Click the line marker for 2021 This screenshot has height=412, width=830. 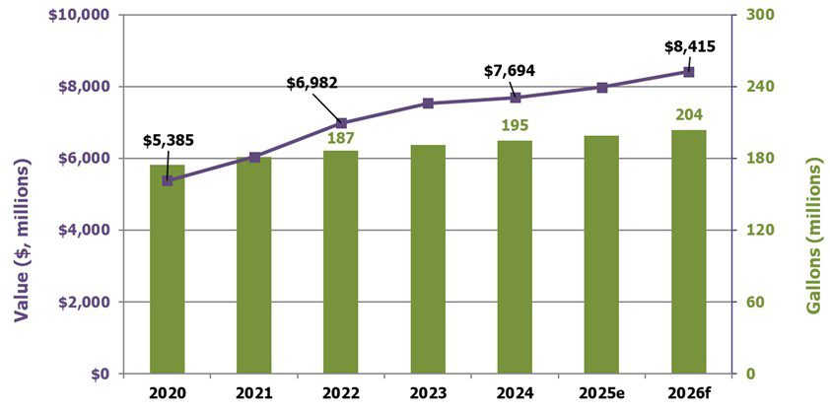[x=254, y=158]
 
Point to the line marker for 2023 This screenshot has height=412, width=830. [x=428, y=103]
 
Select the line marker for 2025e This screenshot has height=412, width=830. [x=601, y=88]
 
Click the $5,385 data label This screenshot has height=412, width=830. [x=167, y=139]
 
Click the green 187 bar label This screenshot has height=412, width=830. [x=341, y=137]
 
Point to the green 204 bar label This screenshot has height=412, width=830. [x=688, y=115]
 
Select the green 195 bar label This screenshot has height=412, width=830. [x=515, y=126]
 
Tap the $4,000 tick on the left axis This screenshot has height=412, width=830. [x=86, y=230]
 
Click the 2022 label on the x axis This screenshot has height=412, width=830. [x=341, y=392]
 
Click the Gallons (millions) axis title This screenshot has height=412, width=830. [x=813, y=238]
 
